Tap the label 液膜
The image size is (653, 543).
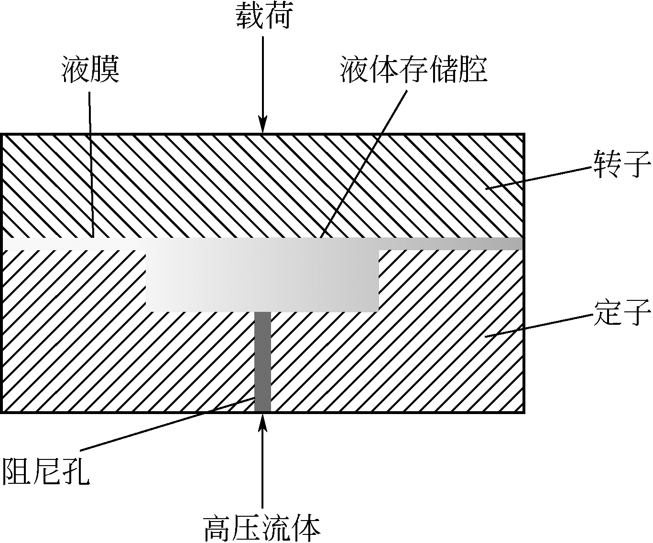point(90,70)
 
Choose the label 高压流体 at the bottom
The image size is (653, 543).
point(261,527)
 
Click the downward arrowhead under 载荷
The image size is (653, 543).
point(262,126)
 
